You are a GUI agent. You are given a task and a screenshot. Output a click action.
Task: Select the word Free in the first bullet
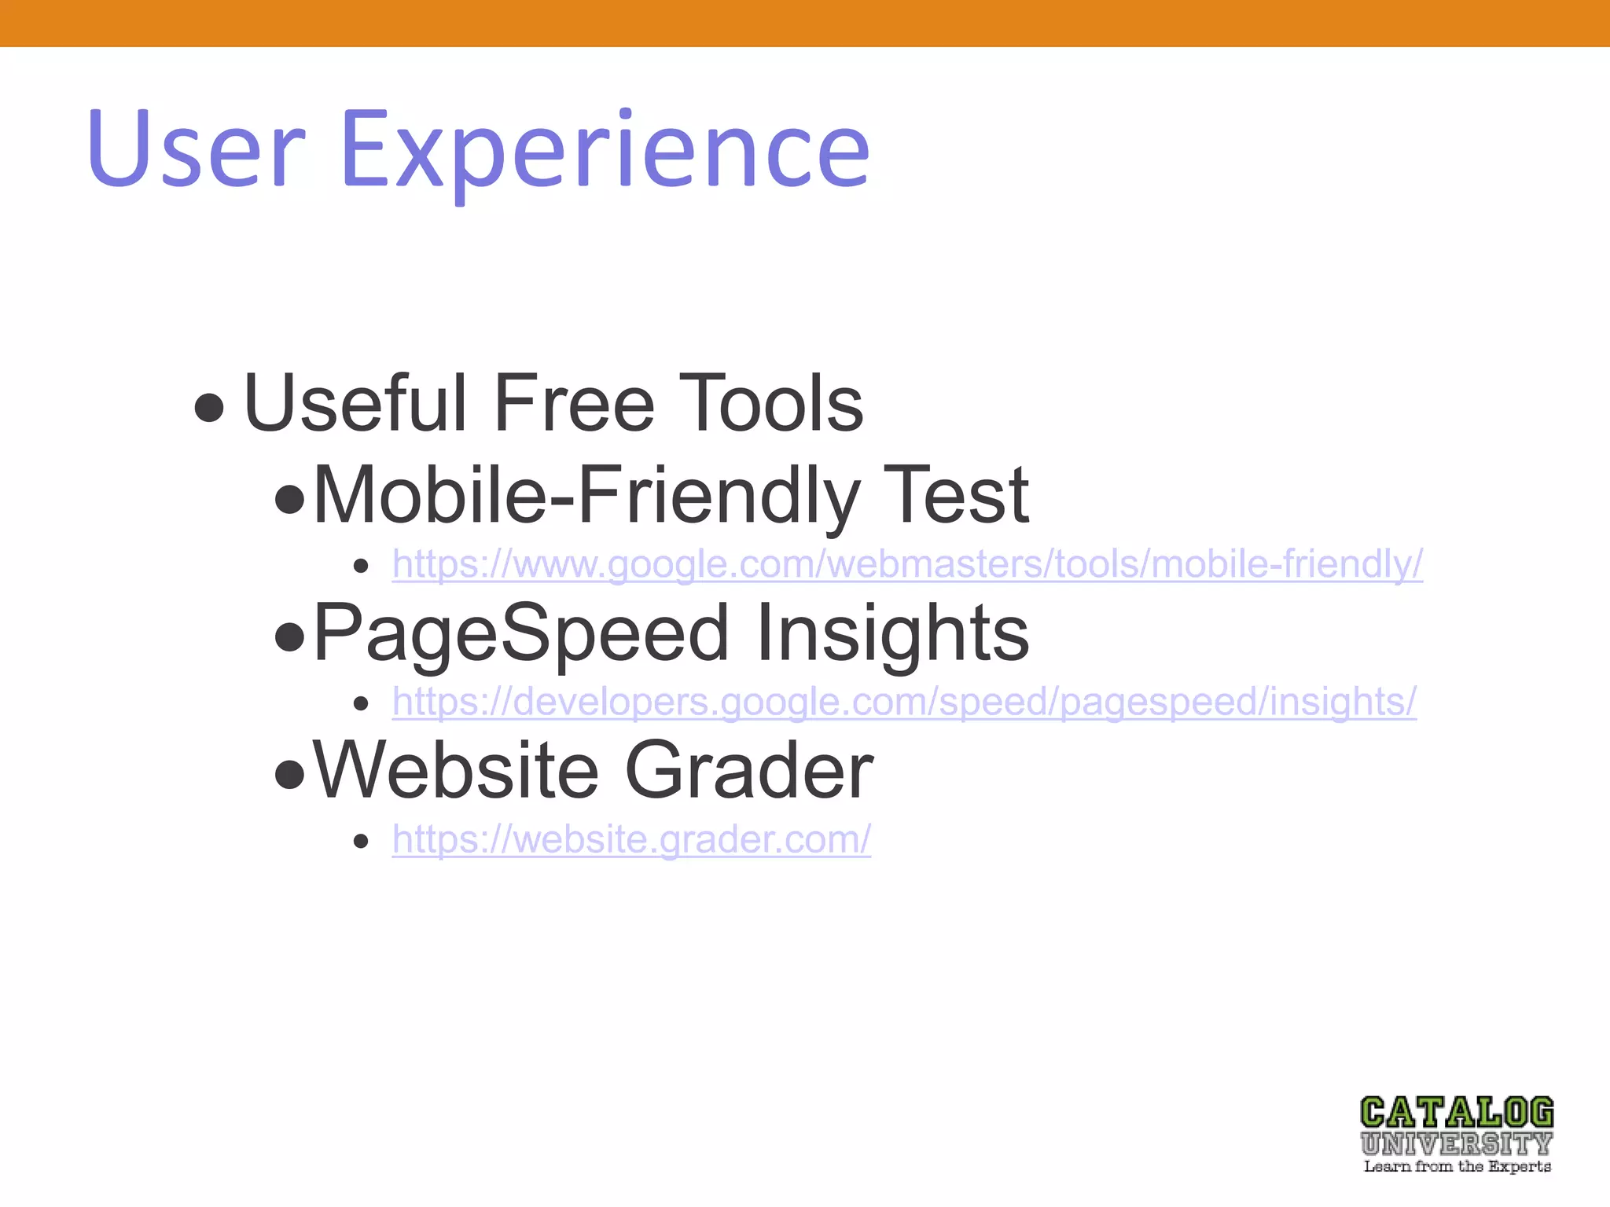pyautogui.click(x=574, y=404)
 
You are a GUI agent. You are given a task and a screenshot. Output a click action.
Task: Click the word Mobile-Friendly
pyautogui.click(x=585, y=495)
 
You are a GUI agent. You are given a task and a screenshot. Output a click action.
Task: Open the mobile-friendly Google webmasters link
pyautogui.click(x=907, y=564)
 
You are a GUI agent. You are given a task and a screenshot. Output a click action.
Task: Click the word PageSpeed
pyautogui.click(x=520, y=633)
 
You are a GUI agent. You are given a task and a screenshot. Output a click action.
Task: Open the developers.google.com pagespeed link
pyautogui.click(x=904, y=702)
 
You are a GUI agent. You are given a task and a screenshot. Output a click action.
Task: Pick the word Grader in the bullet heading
pyautogui.click(x=748, y=771)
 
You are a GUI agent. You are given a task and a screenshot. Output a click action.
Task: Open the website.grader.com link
pyautogui.click(x=631, y=839)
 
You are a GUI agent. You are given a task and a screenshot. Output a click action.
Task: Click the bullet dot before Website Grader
pyautogui.click(x=290, y=775)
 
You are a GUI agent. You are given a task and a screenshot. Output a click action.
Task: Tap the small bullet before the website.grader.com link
pyautogui.click(x=361, y=842)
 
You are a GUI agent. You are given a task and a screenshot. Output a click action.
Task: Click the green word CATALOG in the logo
pyautogui.click(x=1457, y=1113)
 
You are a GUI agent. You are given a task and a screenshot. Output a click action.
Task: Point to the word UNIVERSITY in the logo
pyautogui.click(x=1457, y=1143)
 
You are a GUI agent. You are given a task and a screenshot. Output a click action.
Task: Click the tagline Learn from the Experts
pyautogui.click(x=1457, y=1167)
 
